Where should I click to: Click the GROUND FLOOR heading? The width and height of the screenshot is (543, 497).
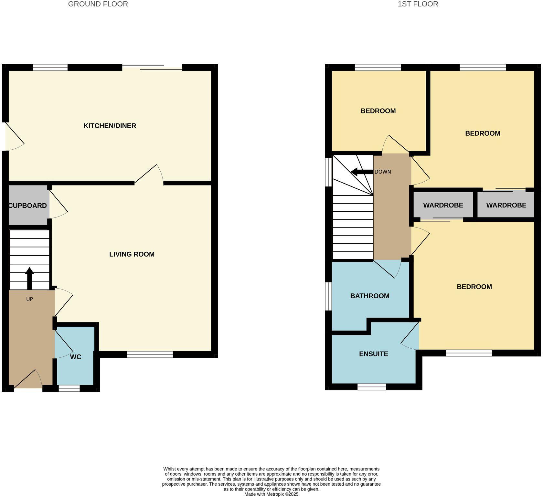(98, 4)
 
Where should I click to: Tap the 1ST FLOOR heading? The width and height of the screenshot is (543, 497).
(418, 4)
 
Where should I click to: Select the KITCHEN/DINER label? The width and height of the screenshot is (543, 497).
(110, 126)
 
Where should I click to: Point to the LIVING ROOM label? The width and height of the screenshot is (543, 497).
(132, 254)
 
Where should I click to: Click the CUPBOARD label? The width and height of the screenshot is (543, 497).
(28, 206)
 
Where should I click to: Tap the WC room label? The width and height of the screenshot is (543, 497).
(76, 357)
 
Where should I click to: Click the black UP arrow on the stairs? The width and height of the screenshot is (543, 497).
(29, 278)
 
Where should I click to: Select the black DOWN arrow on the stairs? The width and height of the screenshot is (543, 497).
(361, 172)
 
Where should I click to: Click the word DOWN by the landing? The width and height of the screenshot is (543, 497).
(383, 172)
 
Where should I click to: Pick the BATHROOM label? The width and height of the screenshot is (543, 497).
(370, 296)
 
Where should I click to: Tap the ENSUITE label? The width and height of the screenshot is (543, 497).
(374, 354)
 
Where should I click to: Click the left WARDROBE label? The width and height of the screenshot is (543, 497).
(443, 205)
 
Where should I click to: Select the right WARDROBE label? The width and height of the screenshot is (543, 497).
(506, 205)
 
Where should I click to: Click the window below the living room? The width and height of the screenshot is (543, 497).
(150, 354)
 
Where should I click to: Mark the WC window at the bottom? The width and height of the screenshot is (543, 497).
(69, 388)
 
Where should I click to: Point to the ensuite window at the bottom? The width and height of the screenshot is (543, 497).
(372, 386)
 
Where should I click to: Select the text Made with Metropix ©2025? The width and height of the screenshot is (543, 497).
(271, 494)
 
